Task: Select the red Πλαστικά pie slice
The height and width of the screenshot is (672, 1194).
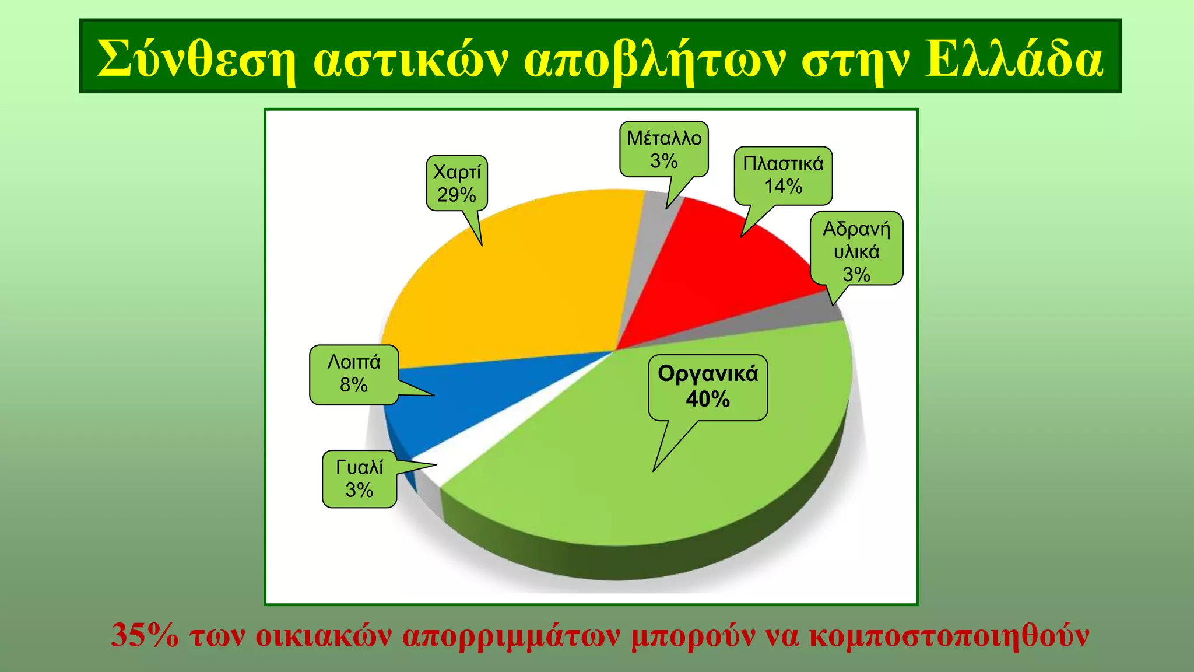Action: click(x=717, y=274)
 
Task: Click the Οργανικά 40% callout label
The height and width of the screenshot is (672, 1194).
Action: click(x=708, y=387)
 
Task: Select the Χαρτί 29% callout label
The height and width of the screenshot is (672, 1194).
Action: click(x=456, y=183)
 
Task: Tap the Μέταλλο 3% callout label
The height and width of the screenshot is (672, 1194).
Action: click(x=663, y=149)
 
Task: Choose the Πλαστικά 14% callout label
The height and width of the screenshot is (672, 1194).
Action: click(x=783, y=175)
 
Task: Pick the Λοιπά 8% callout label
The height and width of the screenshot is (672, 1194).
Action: click(x=354, y=374)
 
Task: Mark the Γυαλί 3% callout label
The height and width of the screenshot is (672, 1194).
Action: click(x=359, y=479)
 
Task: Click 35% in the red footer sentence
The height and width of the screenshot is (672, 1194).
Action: click(x=145, y=636)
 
